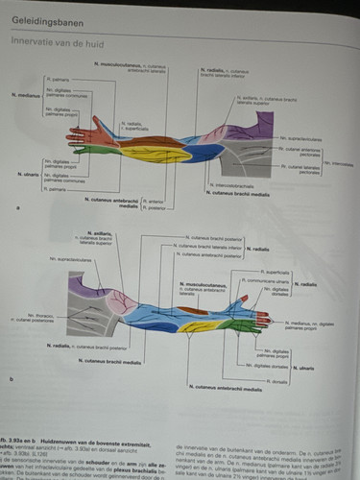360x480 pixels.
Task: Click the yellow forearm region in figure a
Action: (154, 154)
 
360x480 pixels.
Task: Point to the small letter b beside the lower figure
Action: (11, 379)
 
